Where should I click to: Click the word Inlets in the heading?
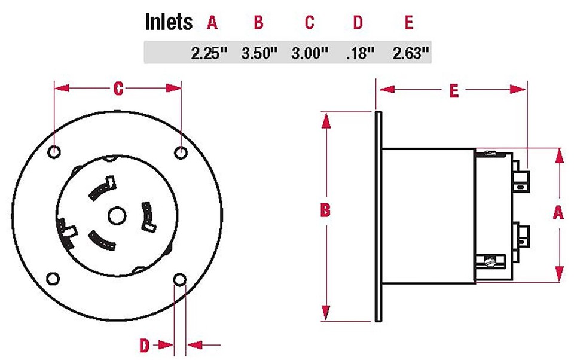(169, 22)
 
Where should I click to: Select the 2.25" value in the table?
(210, 53)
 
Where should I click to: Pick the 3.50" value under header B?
(259, 53)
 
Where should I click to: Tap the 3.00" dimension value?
(310, 53)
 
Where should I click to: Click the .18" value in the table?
(360, 53)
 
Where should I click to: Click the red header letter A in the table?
(212, 23)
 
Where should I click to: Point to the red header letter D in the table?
(358, 23)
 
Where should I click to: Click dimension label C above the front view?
(118, 89)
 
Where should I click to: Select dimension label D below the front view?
(145, 345)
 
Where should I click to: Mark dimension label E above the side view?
(454, 91)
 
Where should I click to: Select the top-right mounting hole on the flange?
(181, 152)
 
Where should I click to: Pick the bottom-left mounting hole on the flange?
(54, 279)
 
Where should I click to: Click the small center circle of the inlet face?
(117, 215)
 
